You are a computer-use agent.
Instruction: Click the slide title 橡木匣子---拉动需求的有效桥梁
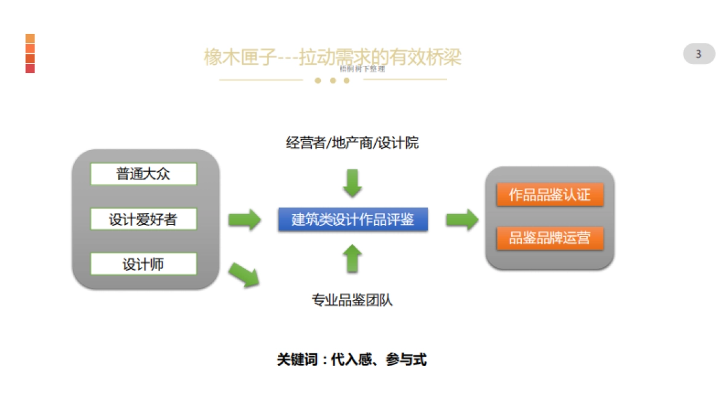click(x=332, y=57)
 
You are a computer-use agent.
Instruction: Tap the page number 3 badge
click(x=698, y=54)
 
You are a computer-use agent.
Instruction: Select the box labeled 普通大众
click(x=143, y=174)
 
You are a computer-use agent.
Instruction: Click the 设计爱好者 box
click(x=143, y=219)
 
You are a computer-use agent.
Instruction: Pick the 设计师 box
click(x=143, y=264)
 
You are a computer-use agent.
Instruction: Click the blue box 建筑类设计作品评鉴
click(x=353, y=220)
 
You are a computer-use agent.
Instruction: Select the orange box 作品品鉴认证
click(x=549, y=195)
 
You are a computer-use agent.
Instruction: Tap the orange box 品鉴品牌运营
click(x=549, y=238)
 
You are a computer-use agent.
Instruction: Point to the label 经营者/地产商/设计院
click(x=352, y=143)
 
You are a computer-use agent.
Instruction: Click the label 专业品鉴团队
click(x=352, y=300)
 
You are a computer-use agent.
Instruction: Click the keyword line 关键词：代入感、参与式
click(x=352, y=360)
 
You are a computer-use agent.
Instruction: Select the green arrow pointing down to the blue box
click(x=352, y=183)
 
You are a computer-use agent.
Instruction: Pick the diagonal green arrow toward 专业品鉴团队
click(x=245, y=275)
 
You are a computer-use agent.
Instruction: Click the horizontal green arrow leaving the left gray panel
click(x=245, y=219)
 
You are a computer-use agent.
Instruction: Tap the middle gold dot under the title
click(x=332, y=80)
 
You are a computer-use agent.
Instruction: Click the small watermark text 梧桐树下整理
click(x=362, y=69)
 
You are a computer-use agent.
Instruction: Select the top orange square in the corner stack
click(x=30, y=39)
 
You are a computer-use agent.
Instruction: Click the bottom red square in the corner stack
click(x=30, y=68)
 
